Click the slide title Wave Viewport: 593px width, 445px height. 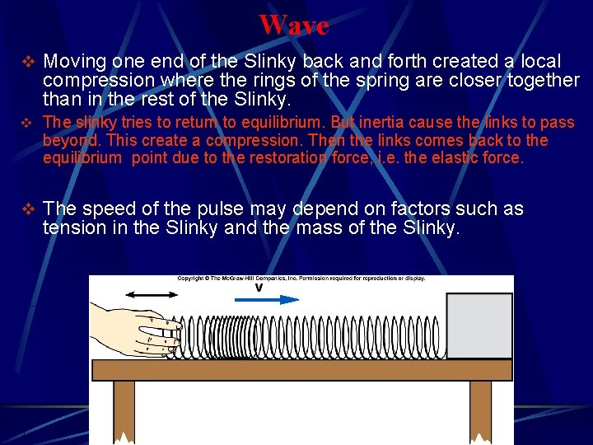click(293, 25)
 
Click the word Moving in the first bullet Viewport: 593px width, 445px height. click(76, 62)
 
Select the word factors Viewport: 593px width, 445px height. click(370, 209)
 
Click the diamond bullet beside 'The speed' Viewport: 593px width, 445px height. click(26, 209)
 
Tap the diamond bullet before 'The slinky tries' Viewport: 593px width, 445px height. click(26, 123)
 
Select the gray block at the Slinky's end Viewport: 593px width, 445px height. click(479, 326)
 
